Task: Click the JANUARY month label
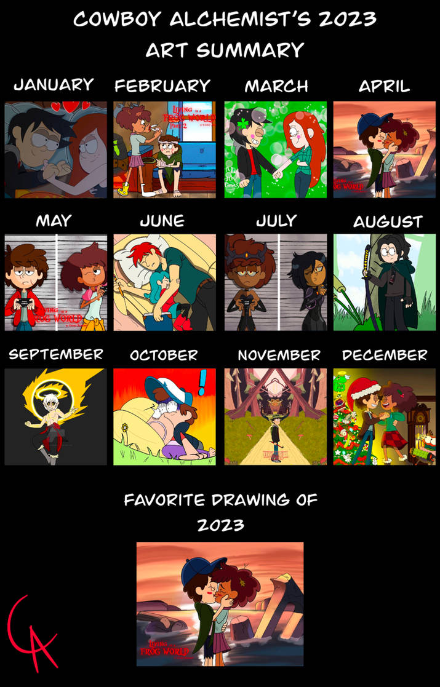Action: coord(54,84)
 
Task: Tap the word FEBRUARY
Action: coord(162,85)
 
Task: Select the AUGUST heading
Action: coord(388,221)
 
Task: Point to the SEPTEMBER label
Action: coord(55,354)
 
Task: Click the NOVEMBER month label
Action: coord(279,355)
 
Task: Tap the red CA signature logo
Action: coord(31,633)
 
